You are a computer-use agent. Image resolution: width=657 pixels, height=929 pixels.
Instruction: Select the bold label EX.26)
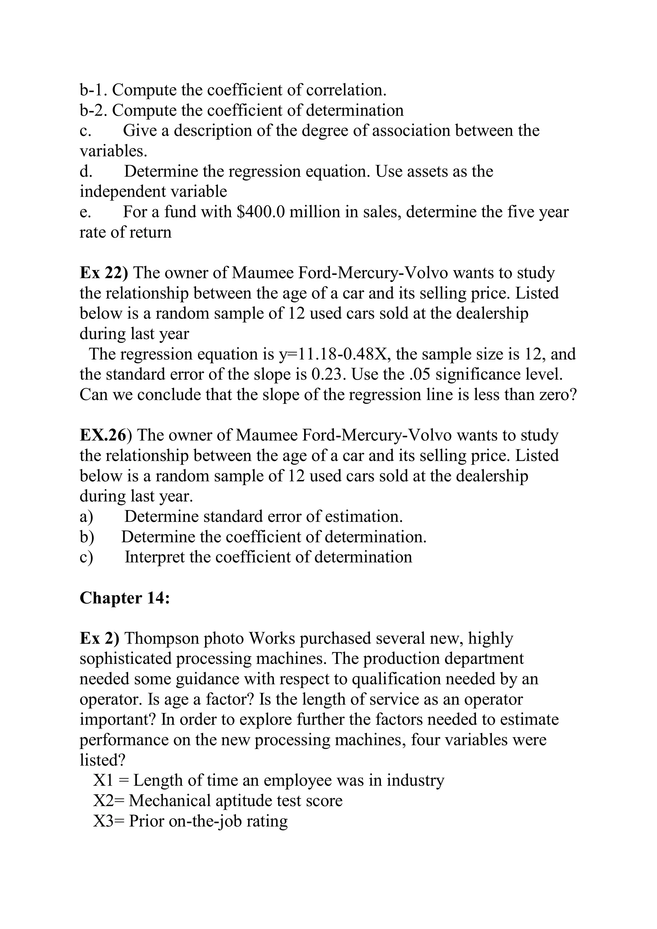[x=106, y=435]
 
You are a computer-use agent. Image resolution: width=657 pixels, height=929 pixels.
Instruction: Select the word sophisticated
[x=126, y=659]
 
